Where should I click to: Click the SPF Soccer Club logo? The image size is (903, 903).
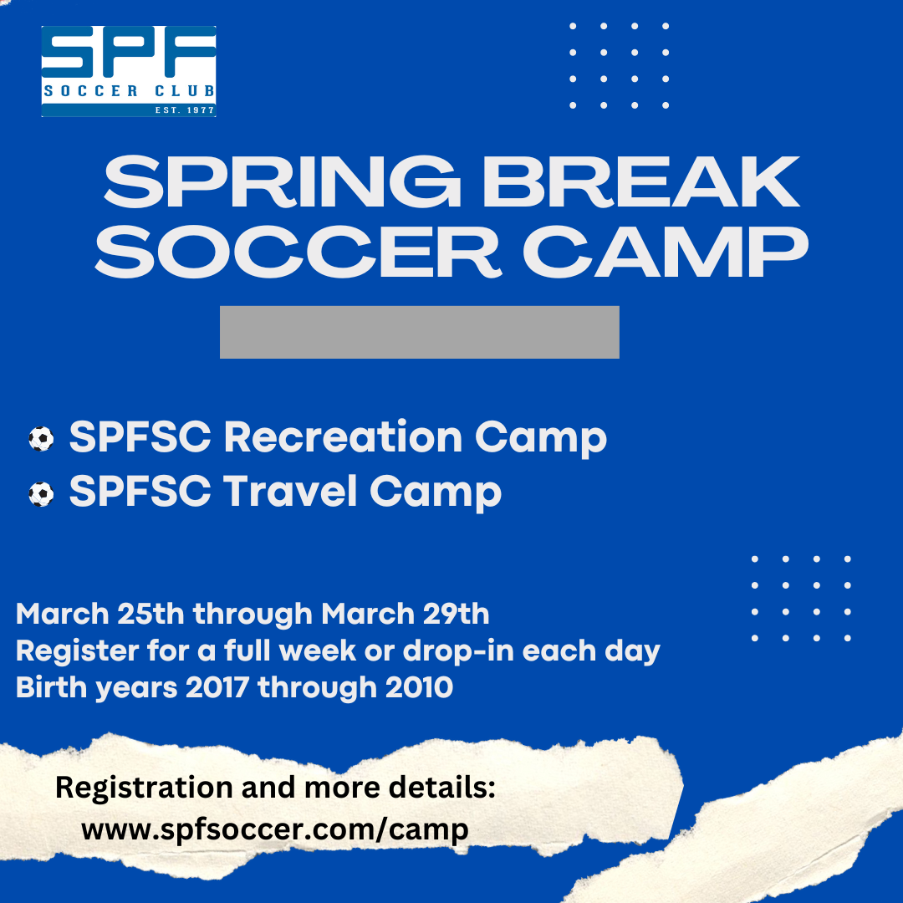(x=129, y=71)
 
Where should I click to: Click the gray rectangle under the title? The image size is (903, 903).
(x=419, y=332)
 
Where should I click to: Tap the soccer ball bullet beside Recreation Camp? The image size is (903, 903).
(x=41, y=439)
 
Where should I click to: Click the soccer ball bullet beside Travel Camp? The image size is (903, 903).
(x=41, y=494)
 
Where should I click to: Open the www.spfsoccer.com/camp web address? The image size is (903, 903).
(x=275, y=830)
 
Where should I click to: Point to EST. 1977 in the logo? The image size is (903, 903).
(x=185, y=110)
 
